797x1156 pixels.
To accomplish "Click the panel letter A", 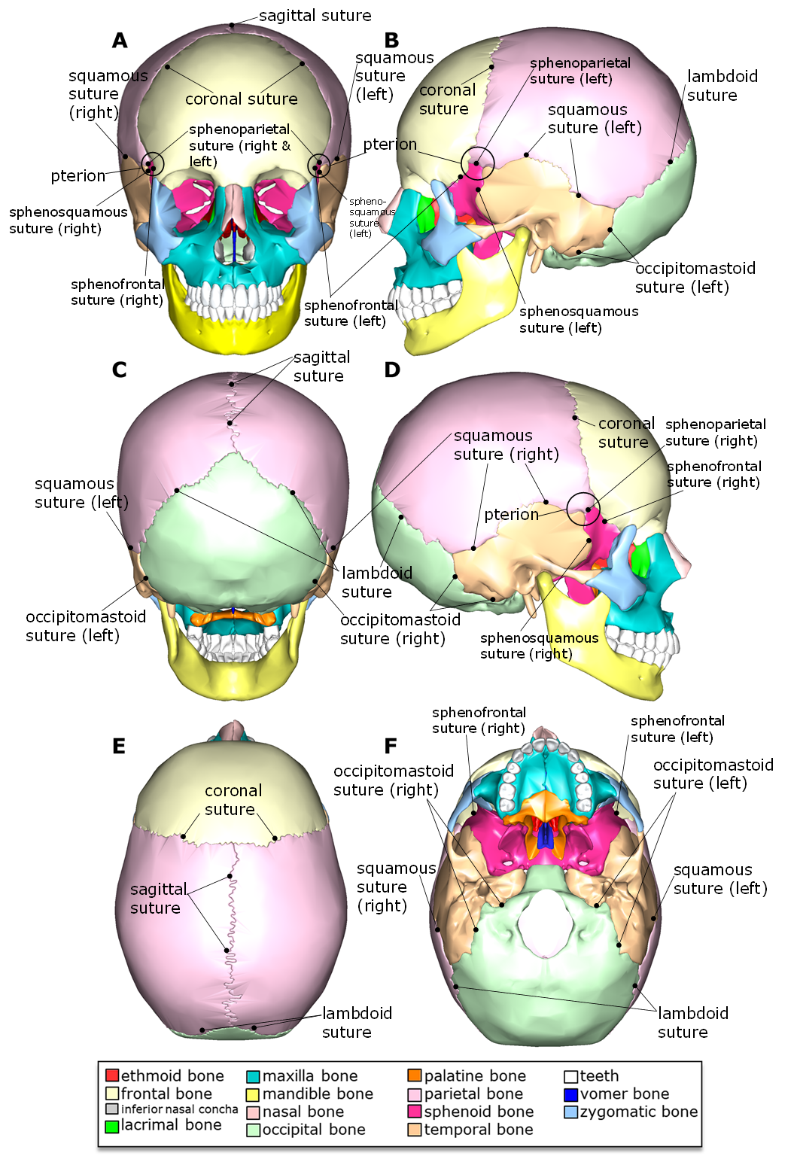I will click(x=119, y=41).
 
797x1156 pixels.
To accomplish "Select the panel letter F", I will click(x=390, y=746).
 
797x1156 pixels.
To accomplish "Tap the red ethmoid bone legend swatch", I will click(x=112, y=1075).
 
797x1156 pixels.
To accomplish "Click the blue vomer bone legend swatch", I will click(x=571, y=1094).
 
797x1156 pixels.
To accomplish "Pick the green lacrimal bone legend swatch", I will click(x=112, y=1126).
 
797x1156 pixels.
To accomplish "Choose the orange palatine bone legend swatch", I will click(x=415, y=1075).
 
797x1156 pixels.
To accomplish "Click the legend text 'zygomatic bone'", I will click(x=638, y=1112).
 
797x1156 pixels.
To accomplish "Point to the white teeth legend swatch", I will click(x=571, y=1076).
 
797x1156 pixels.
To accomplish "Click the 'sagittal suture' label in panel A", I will click(x=315, y=16).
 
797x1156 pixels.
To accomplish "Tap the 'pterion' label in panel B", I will click(x=390, y=144).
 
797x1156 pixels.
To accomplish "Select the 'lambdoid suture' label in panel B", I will click(x=722, y=86).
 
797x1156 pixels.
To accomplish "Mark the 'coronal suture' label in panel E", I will click(x=233, y=800).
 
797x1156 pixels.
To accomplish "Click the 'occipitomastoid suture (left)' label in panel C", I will click(x=85, y=626).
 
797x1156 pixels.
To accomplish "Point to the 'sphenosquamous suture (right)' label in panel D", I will click(x=539, y=646).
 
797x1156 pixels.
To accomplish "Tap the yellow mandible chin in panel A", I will click(x=236, y=335).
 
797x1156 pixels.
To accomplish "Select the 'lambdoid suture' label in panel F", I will click(x=692, y=1022).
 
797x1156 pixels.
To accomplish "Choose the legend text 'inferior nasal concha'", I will click(x=179, y=1109).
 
